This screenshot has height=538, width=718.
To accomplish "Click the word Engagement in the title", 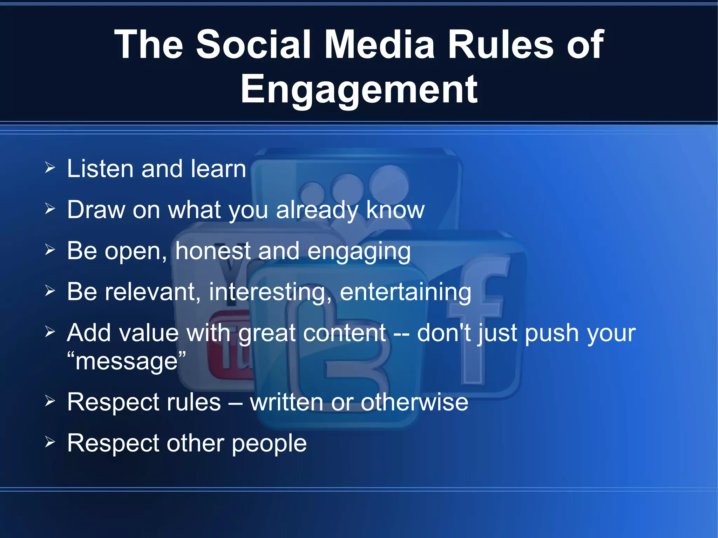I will pyautogui.click(x=359, y=90).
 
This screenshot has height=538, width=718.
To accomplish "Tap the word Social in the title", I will pyautogui.click(x=253, y=45).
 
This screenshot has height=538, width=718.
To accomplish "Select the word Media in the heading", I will pyautogui.click(x=379, y=45).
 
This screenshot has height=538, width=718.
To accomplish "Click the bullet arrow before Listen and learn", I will pyautogui.click(x=50, y=168).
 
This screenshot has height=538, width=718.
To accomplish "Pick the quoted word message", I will pyautogui.click(x=127, y=361).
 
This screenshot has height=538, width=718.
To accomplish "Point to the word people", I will pyautogui.click(x=269, y=444).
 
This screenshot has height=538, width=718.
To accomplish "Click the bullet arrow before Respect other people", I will pyautogui.click(x=50, y=442).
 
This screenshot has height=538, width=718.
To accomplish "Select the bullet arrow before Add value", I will pyautogui.click(x=50, y=332).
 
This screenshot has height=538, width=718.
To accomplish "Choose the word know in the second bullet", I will pyautogui.click(x=395, y=210).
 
